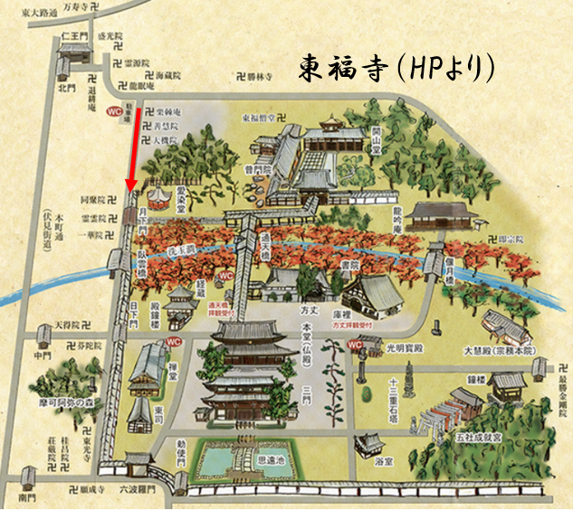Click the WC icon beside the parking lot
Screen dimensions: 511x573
[114, 111]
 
